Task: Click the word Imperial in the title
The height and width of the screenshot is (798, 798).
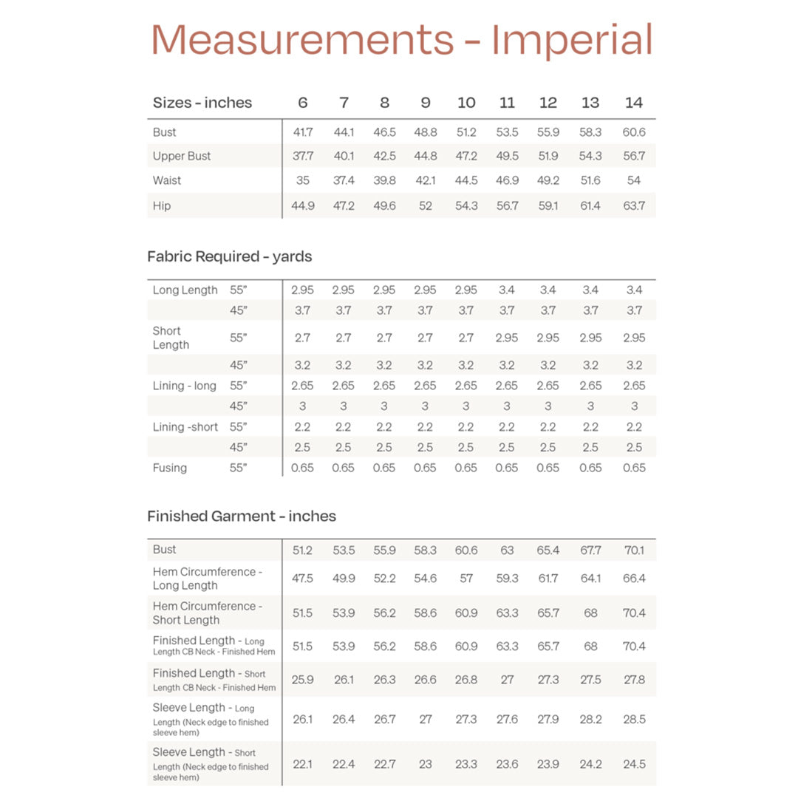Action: pos(572,41)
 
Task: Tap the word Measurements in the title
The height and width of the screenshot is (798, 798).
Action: pos(303,41)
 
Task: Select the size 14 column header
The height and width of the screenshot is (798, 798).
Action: pos(633,103)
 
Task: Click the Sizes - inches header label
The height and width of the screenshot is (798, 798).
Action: pos(202,103)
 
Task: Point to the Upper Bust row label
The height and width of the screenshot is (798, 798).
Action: pos(182,156)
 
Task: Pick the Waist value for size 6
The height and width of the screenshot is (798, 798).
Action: pos(303,180)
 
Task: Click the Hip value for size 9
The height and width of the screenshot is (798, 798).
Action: pos(425,205)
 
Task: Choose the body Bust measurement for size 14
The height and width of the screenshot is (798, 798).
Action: pos(633,132)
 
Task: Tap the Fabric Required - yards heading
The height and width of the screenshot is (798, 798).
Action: pos(230,256)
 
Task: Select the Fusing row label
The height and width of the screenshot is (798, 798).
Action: pos(170,468)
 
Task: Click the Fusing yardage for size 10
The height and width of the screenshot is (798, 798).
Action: pos(465,468)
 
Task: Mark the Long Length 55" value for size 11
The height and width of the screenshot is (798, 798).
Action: pos(507,290)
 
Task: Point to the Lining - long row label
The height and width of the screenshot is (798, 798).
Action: pos(185,386)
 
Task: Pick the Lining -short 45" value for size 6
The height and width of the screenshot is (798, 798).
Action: pos(303,447)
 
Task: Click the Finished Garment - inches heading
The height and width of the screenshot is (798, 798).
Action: pos(242,516)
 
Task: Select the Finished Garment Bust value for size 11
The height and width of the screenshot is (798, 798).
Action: pos(507,550)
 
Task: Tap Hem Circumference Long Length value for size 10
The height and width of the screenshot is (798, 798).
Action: pos(465,579)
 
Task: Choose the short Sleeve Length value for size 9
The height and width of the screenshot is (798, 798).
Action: pos(425,764)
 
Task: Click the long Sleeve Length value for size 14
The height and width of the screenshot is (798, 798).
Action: pos(633,719)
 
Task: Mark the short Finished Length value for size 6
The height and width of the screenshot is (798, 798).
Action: pos(303,680)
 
